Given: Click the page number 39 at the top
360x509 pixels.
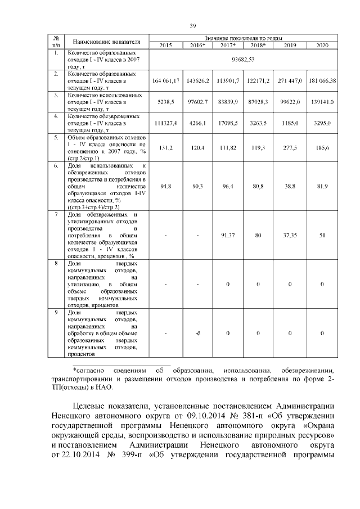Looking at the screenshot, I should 192,25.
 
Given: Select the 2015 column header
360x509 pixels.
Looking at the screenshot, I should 166,44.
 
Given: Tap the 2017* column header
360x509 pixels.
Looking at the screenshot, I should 228,44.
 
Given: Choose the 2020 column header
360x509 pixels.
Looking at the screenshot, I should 322,44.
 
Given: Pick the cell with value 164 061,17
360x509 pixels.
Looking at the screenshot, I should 166,81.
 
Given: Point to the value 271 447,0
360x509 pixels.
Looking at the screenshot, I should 290,81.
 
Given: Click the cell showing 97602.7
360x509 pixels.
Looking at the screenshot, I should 198,102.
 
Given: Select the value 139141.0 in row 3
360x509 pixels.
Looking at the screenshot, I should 322,102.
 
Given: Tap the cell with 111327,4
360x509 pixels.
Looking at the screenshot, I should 166,122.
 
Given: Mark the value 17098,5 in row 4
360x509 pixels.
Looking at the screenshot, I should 228,122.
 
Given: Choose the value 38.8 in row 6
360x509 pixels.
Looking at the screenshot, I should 290,185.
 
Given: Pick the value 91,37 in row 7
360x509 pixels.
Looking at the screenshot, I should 228,235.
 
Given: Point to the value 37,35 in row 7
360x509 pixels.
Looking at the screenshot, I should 290,235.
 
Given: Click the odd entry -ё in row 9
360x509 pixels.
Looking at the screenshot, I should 198,334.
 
